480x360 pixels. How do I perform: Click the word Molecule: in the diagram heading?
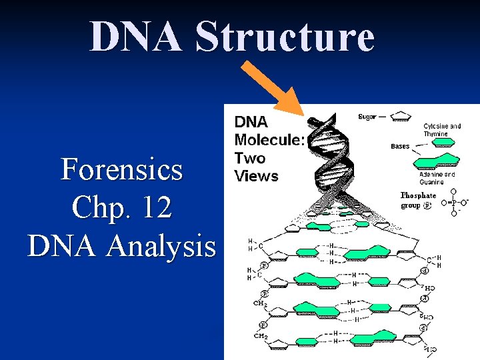pos(269,140)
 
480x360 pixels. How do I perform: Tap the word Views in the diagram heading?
pos(256,176)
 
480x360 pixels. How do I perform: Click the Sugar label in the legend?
pos(367,117)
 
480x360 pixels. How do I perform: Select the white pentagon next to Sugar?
pos(400,117)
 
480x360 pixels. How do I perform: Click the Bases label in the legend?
pos(400,146)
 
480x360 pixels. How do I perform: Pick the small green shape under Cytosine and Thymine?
pos(440,141)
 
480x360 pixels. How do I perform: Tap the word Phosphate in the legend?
pos(418,195)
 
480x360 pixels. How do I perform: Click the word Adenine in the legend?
pos(433,175)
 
